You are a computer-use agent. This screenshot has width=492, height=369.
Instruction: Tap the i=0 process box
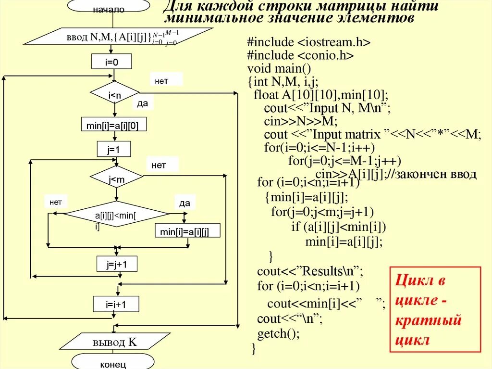point(111,61)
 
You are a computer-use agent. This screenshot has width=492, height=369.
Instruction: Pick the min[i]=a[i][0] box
point(114,125)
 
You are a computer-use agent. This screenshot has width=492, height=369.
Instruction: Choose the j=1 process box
point(113,149)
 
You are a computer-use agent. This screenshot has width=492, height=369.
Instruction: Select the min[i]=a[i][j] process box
point(187,231)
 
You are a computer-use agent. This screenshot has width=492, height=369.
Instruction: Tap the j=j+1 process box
point(115,264)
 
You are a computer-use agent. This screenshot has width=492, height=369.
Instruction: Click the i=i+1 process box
point(116,304)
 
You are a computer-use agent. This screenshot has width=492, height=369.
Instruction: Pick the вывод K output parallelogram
point(114,342)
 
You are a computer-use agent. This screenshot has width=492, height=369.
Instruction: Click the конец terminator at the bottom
point(113,363)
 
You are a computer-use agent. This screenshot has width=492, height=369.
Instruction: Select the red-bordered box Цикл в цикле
point(434,309)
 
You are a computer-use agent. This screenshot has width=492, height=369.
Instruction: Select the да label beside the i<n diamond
point(143,103)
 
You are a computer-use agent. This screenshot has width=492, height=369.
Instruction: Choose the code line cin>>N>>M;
point(301,121)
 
